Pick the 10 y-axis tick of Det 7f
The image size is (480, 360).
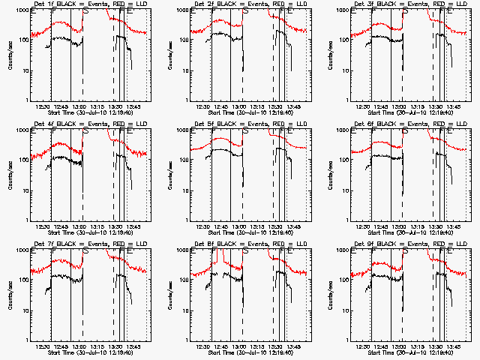pyautogui.click(x=25, y=310)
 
